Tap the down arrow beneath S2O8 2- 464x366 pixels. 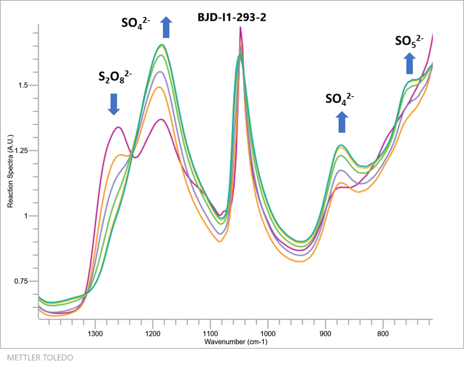coord(114,104)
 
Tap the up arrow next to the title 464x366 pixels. coord(166,27)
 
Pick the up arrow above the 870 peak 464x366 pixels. coord(341,123)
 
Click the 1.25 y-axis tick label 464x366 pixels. coord(23,151)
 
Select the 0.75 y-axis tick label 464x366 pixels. coord(23,281)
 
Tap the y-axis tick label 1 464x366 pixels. coord(29,216)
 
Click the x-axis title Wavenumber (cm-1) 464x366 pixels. coord(235,342)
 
